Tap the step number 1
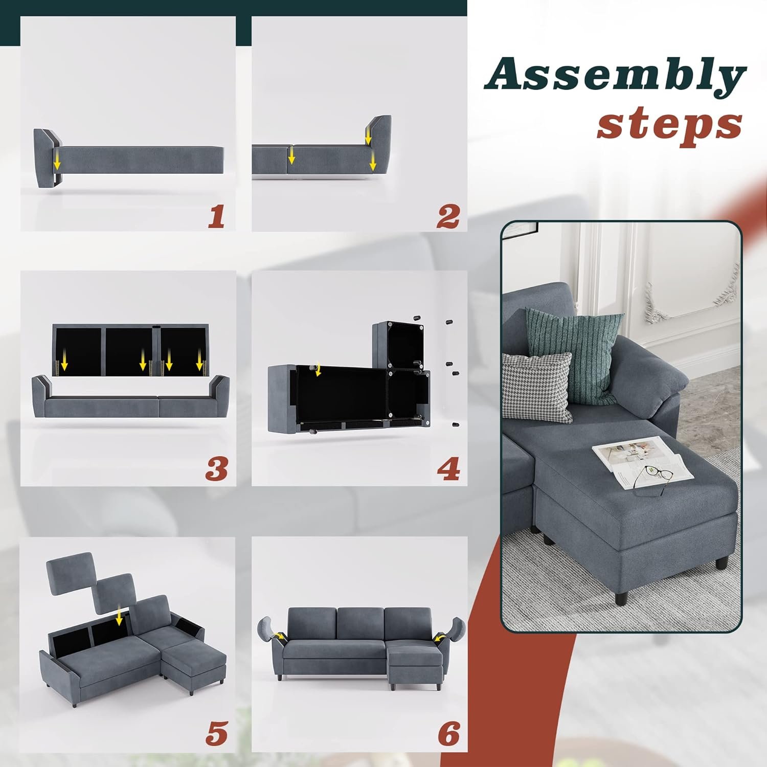click(216, 216)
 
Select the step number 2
click(447, 216)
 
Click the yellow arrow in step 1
click(57, 160)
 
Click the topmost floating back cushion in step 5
click(71, 572)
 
